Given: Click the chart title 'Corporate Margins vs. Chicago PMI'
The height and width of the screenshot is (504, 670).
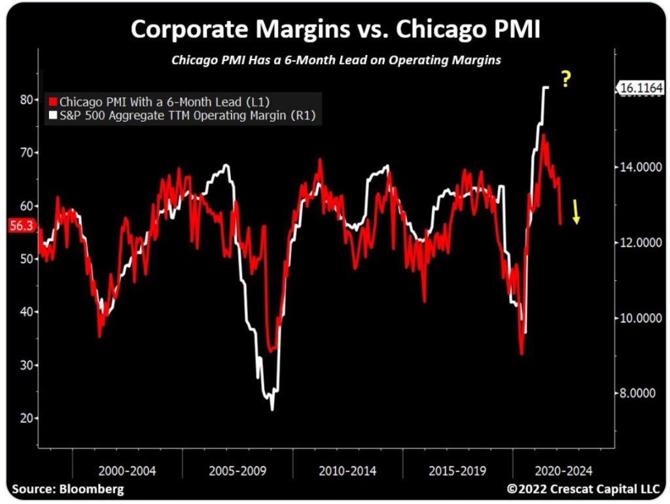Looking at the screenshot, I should (335, 29).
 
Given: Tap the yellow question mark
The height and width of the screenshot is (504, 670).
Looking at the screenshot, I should (567, 80).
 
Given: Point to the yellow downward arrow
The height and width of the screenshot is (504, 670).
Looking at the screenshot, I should (576, 213).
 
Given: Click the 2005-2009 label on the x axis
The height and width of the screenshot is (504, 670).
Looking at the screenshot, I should (237, 471).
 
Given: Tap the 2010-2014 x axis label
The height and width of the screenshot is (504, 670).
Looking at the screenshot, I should (347, 471).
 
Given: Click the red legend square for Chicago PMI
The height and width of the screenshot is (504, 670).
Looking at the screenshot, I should (53, 102).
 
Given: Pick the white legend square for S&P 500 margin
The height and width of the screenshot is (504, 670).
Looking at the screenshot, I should (53, 116).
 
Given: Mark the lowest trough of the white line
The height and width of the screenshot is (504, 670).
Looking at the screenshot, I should (272, 410).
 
